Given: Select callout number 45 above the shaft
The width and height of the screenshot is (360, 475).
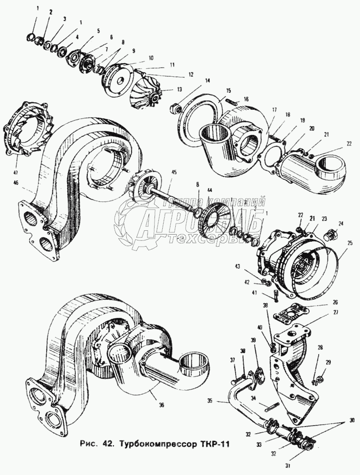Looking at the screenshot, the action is pos(174,173).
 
